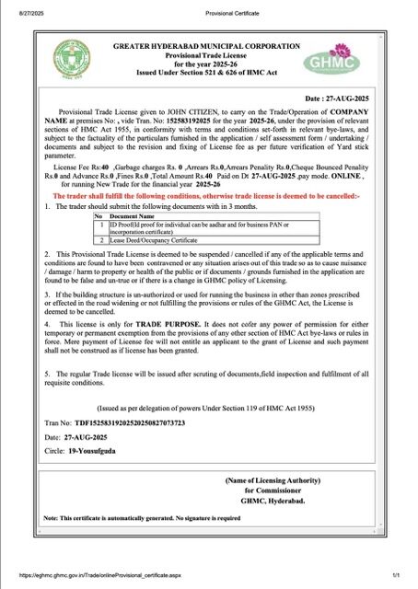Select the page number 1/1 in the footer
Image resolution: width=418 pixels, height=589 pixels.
point(395,575)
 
